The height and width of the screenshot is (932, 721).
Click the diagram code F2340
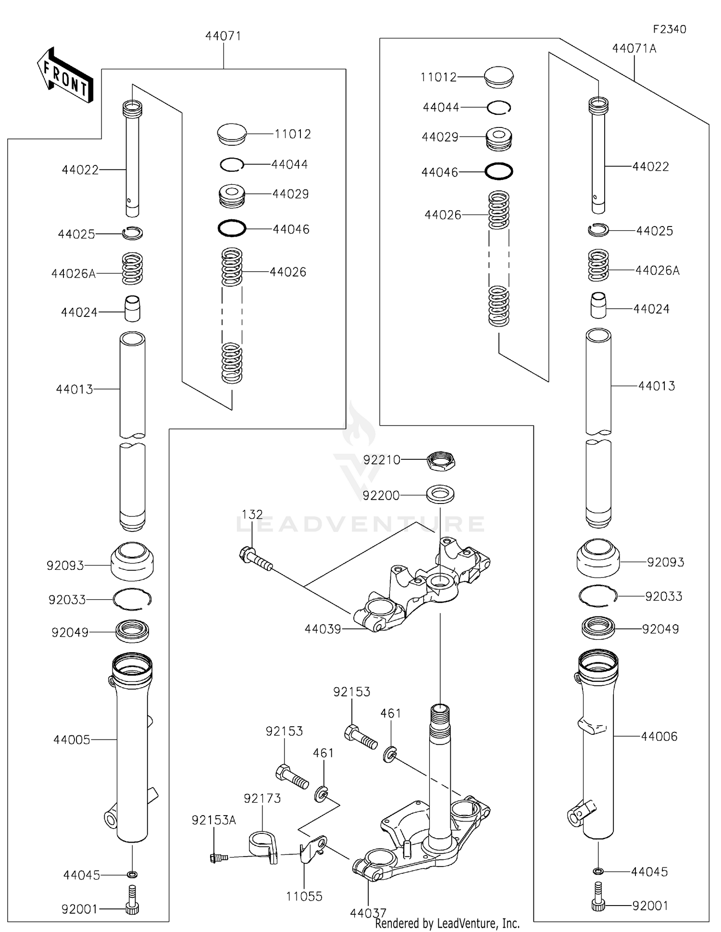coord(669,29)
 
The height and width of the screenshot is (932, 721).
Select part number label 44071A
coord(634,49)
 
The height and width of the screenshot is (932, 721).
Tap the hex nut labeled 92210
coord(441,460)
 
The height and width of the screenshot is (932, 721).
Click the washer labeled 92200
coord(440,494)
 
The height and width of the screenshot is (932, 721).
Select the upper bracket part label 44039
coord(323,629)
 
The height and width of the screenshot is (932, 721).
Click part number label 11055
coord(304,896)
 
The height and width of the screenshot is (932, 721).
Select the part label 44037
coord(368,912)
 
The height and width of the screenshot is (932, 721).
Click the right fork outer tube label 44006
coord(659,736)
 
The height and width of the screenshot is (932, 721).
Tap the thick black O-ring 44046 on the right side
coord(499,171)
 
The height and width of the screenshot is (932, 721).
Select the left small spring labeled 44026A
coord(132,269)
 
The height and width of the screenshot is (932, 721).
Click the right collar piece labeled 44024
coord(598,305)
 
